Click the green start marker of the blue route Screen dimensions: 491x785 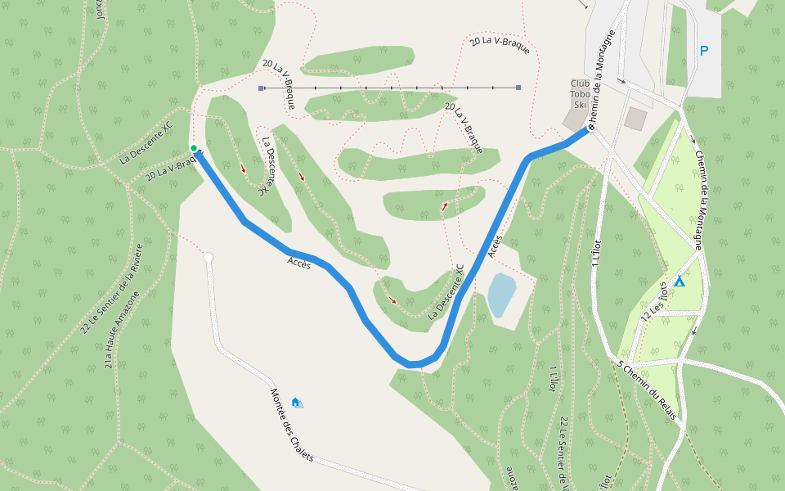(194, 148)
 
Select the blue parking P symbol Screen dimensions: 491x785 (703, 51)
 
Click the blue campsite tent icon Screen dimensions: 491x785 (679, 282)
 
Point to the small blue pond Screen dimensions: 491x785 (501, 295)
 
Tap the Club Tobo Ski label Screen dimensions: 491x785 (580, 94)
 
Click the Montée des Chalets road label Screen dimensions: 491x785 (292, 425)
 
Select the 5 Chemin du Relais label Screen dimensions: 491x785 (647, 390)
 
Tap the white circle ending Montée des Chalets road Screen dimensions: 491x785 (209, 258)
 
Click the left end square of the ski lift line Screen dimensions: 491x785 (261, 88)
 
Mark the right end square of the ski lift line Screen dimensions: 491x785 (518, 88)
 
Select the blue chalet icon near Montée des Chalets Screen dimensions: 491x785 (296, 403)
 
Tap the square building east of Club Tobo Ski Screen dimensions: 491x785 (635, 118)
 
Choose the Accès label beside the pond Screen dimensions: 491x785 (495, 245)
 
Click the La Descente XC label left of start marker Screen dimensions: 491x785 (147, 142)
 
